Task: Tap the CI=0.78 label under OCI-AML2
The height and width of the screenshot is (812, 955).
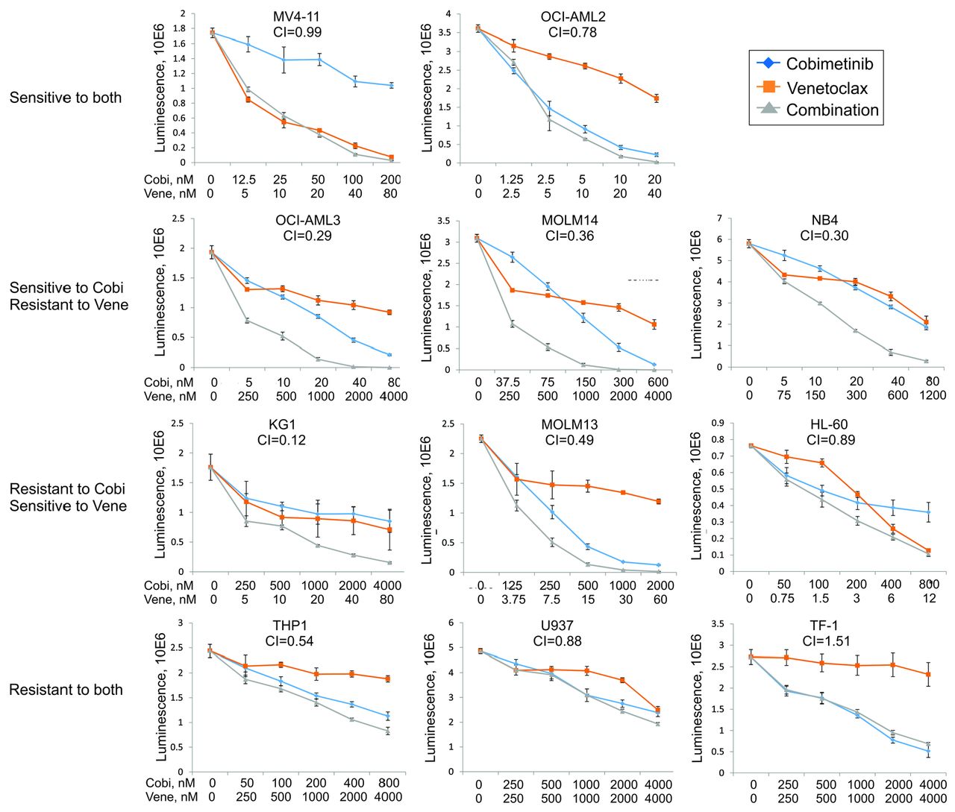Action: (572, 32)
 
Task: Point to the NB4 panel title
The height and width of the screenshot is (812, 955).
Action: (824, 221)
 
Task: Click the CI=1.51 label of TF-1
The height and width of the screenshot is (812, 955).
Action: (826, 641)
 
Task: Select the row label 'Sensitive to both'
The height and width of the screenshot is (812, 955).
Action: (66, 98)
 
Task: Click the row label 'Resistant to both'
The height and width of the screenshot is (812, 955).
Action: (66, 690)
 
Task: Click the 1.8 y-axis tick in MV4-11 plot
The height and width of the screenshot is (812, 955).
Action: (179, 28)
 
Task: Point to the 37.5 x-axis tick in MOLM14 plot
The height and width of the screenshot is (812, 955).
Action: (508, 383)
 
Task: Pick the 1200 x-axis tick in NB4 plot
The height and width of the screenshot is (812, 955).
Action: (933, 395)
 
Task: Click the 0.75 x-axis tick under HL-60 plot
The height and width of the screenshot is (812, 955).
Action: (783, 598)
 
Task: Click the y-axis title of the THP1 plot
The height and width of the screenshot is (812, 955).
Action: (161, 696)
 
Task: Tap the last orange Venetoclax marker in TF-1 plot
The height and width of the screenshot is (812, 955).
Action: (928, 674)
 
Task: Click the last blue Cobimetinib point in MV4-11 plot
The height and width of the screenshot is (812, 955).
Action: (392, 86)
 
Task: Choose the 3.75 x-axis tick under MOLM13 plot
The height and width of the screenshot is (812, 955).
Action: (513, 599)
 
